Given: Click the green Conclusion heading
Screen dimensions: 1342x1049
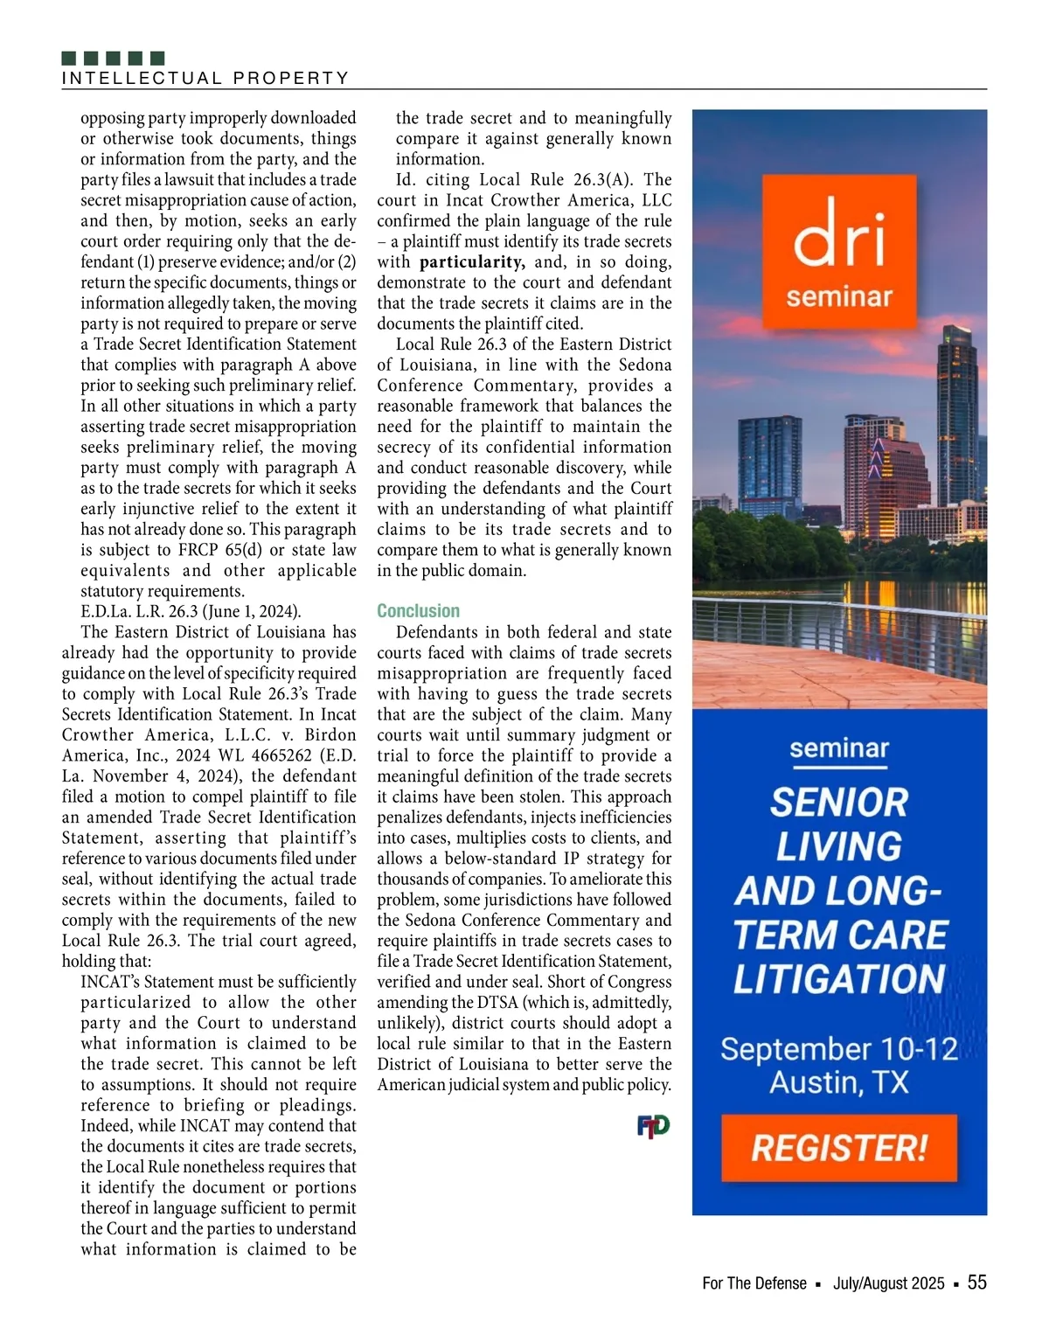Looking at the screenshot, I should click(x=418, y=611).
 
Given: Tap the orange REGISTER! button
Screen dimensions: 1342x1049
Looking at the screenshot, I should click(x=838, y=1148).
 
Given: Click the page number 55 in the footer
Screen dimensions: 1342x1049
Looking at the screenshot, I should click(x=976, y=1283).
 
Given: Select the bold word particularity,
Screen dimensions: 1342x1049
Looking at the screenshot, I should click(x=472, y=262).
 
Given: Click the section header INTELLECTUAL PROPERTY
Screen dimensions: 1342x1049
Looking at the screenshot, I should click(x=205, y=79).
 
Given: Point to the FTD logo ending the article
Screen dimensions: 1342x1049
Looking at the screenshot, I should click(x=653, y=1126).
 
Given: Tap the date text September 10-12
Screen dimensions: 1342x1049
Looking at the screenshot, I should click(x=838, y=1049).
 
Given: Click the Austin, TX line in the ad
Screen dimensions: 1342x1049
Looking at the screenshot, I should click(x=838, y=1083).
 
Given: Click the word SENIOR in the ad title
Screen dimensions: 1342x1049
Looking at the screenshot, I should click(x=838, y=803).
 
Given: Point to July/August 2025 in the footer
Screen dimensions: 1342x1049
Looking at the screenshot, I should click(x=888, y=1283).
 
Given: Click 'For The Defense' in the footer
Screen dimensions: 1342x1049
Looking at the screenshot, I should click(x=754, y=1283).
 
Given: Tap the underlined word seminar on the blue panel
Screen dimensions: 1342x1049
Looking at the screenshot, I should click(x=838, y=749).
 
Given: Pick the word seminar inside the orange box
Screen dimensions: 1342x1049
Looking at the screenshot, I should click(x=838, y=297).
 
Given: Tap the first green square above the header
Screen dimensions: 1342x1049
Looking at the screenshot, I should click(x=70, y=59).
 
